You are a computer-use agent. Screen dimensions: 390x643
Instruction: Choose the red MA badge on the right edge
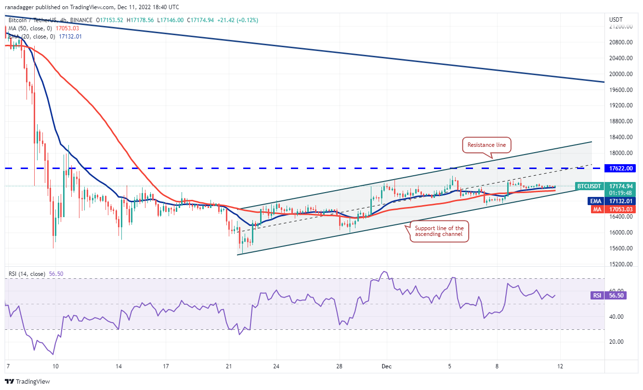pos(595,209)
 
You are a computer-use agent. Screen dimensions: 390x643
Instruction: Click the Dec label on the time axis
pos(387,366)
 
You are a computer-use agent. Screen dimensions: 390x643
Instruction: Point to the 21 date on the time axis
pos(229,366)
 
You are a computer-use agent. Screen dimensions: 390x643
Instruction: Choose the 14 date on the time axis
pos(118,366)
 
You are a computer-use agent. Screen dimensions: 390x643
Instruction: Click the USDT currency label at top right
pos(616,20)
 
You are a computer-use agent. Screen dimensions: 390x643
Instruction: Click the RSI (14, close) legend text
pos(26,274)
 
